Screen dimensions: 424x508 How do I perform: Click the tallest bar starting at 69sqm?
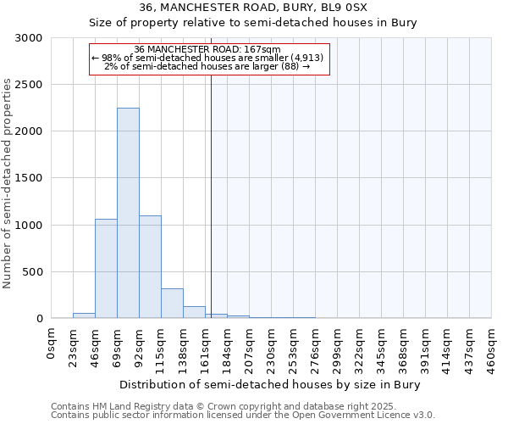click(x=128, y=213)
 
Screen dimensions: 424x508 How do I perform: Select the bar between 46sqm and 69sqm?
click(x=106, y=268)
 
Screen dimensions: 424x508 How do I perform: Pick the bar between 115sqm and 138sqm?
click(x=172, y=303)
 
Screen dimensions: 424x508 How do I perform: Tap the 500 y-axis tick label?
click(x=34, y=272)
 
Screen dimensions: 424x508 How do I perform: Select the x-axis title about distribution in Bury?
click(x=270, y=384)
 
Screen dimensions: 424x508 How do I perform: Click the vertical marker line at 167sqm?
click(x=211, y=195)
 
